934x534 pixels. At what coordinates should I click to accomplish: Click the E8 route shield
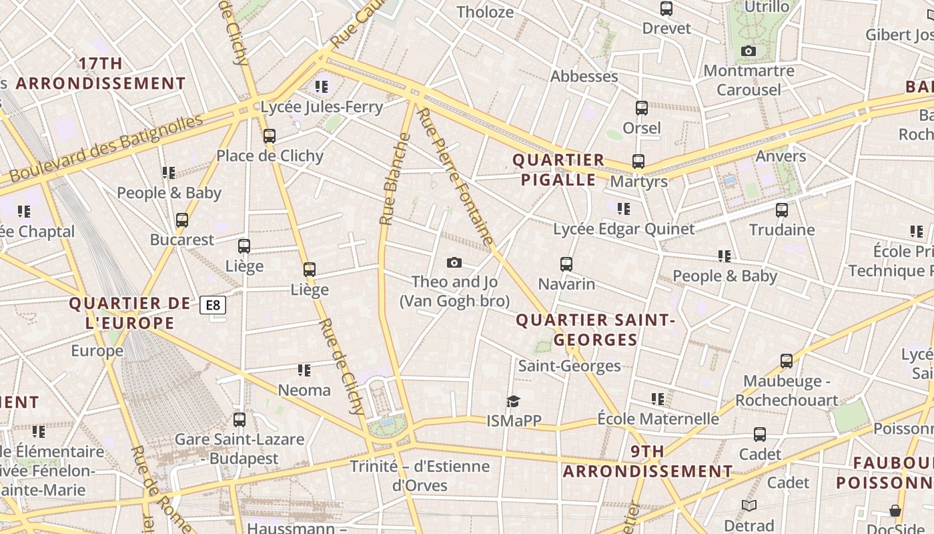[x=213, y=306]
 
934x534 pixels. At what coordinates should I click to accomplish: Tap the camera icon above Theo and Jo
[x=454, y=262]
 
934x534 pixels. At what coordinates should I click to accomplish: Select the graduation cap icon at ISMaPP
[x=513, y=401]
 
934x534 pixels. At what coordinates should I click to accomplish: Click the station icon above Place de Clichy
[x=270, y=136]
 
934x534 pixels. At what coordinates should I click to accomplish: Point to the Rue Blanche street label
[x=395, y=179]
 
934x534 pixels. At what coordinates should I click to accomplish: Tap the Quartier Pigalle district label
[x=558, y=170]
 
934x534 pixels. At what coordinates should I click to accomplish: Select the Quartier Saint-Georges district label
[x=596, y=330]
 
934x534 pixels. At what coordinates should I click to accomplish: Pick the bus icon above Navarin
[x=566, y=264]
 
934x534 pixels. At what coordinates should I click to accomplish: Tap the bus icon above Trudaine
[x=782, y=210]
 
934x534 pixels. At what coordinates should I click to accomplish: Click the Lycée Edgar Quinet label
[x=624, y=229]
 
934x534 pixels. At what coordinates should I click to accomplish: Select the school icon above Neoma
[x=304, y=370]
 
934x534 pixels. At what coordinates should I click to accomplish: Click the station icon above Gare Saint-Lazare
[x=240, y=420]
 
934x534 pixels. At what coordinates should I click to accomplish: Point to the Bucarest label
[x=182, y=240]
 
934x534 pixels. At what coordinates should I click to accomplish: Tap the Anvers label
[x=781, y=156]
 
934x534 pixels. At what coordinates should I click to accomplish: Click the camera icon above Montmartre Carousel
[x=749, y=51]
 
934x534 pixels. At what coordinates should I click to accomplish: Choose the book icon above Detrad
[x=749, y=506]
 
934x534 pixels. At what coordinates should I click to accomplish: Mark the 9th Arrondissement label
[x=647, y=461]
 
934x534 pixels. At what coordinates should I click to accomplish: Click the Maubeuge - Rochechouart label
[x=787, y=390]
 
